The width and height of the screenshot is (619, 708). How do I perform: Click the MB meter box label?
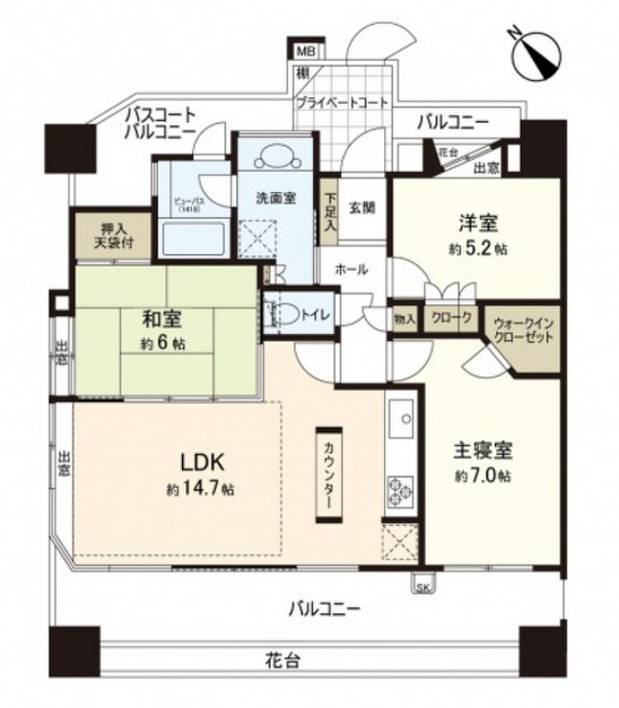pyautogui.click(x=304, y=51)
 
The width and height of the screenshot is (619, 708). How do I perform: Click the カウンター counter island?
pyautogui.click(x=329, y=475)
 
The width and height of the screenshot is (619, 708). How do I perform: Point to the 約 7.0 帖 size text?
pyautogui.click(x=483, y=476)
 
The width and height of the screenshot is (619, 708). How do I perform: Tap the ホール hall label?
pyautogui.click(x=351, y=270)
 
